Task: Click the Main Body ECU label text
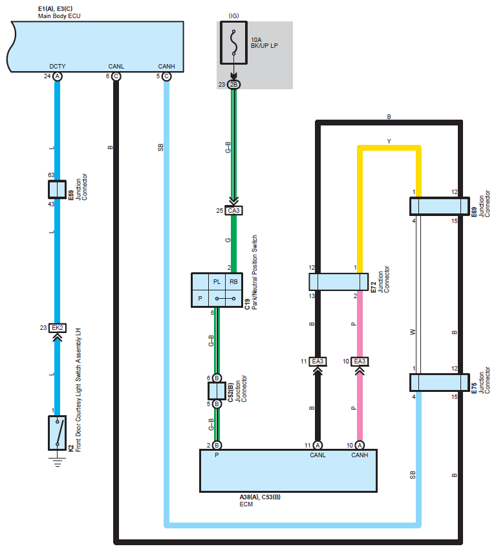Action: point(59,16)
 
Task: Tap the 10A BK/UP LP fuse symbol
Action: point(233,43)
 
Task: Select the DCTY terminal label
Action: point(58,67)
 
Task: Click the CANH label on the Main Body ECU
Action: point(166,67)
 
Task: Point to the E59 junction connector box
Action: point(57,189)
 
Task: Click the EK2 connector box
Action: point(58,328)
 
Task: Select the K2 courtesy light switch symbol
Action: point(58,433)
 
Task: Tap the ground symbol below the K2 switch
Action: point(58,462)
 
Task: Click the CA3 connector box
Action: point(233,210)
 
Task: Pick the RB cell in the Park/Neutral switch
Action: point(233,282)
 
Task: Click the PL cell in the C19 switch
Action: point(217,282)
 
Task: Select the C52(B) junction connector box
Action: point(217,391)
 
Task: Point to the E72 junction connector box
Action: point(339,282)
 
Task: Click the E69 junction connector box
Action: point(440,206)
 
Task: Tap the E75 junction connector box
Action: point(440,382)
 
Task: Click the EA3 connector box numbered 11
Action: point(318,362)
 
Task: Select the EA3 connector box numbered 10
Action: point(360,362)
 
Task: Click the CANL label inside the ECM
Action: point(318,455)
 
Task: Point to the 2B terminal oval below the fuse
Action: point(233,84)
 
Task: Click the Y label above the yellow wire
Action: point(389,141)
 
